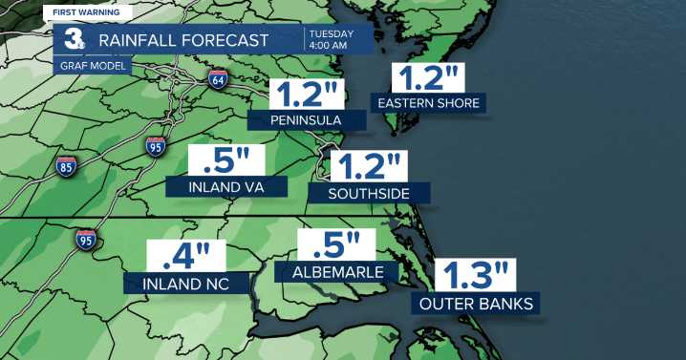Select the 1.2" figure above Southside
[367, 166]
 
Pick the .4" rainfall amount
[185, 257]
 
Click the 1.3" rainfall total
[475, 276]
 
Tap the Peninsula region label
[307, 120]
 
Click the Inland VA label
[227, 186]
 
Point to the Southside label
[368, 193]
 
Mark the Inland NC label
[186, 284]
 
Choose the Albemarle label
[335, 272]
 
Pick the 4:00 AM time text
[330, 45]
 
